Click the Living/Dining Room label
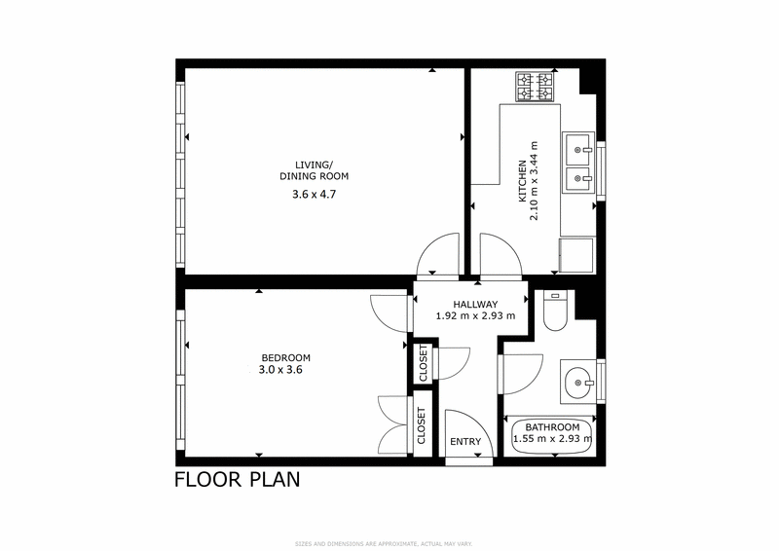(314, 170)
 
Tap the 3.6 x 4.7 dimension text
(313, 194)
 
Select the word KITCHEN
(522, 181)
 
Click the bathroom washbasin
(581, 382)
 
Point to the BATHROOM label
(552, 427)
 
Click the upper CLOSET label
(423, 363)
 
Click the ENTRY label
(465, 442)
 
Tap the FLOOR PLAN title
(237, 479)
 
